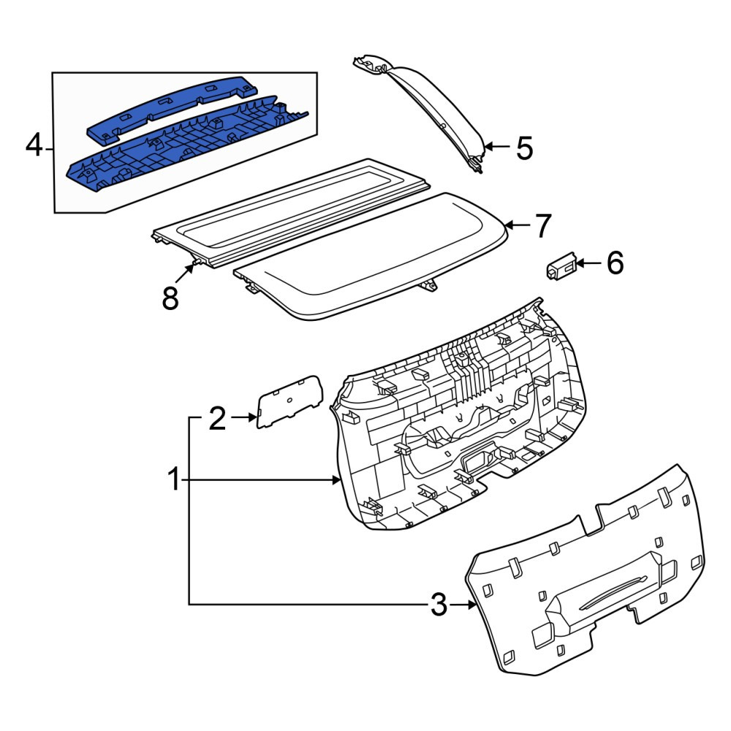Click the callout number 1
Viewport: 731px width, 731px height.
(175, 480)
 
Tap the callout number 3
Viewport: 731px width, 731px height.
(438, 605)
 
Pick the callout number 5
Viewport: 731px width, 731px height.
(524, 148)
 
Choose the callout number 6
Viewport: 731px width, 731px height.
(615, 263)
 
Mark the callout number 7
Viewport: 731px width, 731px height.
(542, 226)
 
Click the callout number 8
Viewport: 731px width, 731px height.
(170, 298)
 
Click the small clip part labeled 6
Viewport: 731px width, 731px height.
(561, 266)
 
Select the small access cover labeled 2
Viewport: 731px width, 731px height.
(290, 401)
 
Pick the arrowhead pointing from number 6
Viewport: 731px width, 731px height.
(580, 264)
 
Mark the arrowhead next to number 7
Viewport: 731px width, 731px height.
(509, 226)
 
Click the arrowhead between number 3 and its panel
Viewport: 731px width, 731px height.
(473, 605)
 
